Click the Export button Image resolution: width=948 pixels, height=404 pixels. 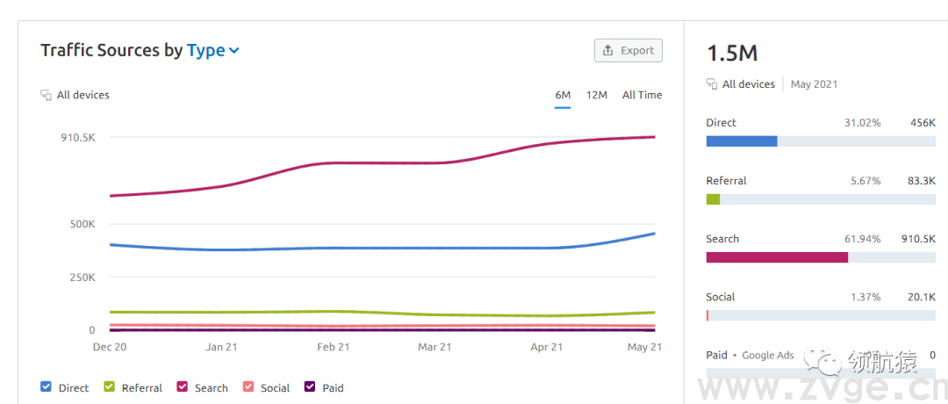[x=628, y=51]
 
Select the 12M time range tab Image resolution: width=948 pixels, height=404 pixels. [x=597, y=95]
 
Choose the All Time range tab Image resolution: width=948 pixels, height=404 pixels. [x=642, y=95]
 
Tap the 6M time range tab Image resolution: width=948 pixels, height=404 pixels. [x=563, y=95]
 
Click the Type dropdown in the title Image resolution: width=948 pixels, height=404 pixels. [x=213, y=51]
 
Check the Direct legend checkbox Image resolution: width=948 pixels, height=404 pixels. [x=47, y=386]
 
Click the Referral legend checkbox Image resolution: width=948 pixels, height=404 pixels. [x=110, y=386]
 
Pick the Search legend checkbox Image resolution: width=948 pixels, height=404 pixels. [x=183, y=386]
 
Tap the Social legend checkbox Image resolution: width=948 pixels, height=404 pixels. [x=248, y=386]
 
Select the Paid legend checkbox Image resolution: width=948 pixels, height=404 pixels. [x=310, y=386]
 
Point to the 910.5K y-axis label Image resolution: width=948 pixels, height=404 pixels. [x=78, y=138]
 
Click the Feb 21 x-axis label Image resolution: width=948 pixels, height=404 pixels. [x=333, y=347]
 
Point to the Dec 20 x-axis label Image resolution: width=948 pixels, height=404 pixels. [x=110, y=347]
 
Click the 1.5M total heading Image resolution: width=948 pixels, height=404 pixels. [x=732, y=53]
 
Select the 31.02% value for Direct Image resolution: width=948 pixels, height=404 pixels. [x=862, y=123]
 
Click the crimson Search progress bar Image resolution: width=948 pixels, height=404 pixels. [x=777, y=257]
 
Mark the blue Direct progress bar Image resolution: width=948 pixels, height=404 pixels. [x=742, y=141]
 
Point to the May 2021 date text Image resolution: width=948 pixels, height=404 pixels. [x=814, y=84]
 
